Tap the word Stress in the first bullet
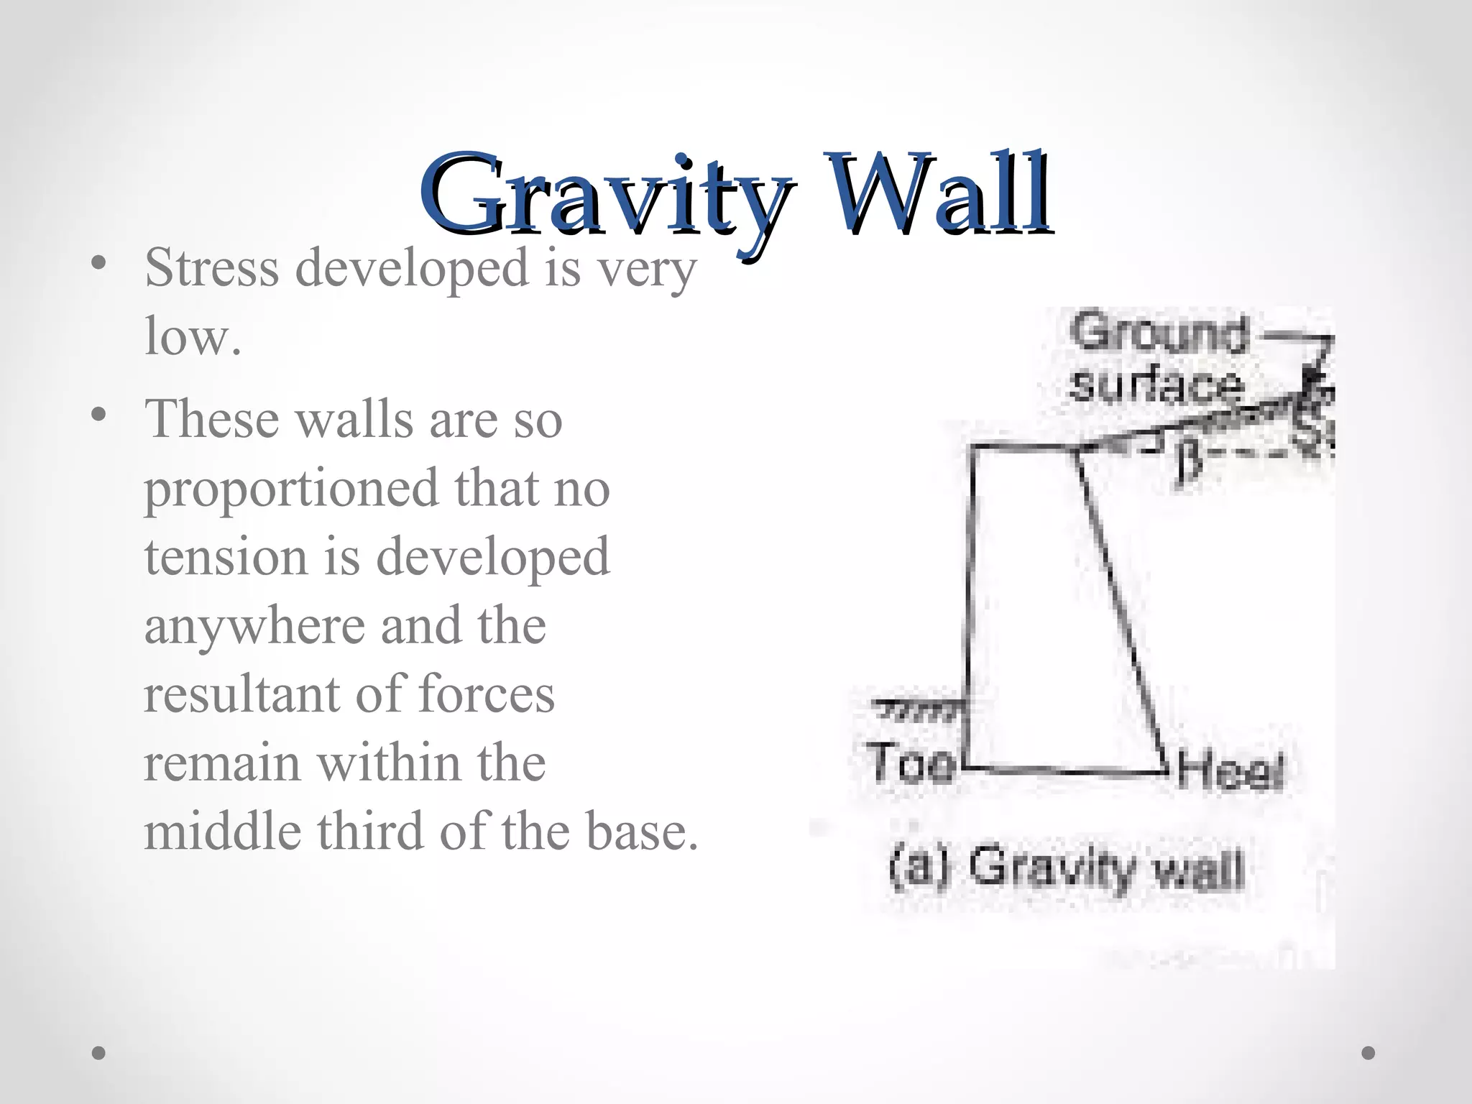click(212, 267)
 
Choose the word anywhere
click(254, 626)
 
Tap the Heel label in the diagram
click(1230, 773)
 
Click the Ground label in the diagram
click(1159, 333)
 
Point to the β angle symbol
click(1190, 464)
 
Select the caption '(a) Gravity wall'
click(1066, 868)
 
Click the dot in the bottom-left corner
click(99, 1053)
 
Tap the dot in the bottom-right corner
click(1368, 1053)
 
